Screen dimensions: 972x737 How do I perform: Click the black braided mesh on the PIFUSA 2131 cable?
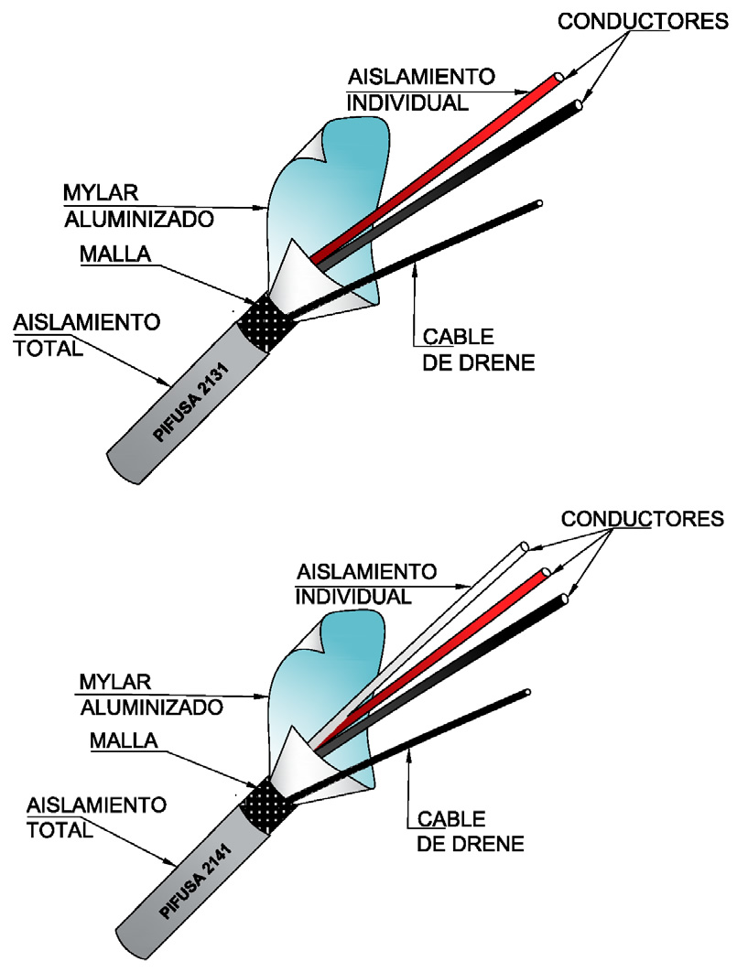[266, 321]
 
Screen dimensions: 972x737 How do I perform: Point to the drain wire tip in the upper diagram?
[540, 203]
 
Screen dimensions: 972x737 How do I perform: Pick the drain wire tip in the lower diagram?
[526, 693]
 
